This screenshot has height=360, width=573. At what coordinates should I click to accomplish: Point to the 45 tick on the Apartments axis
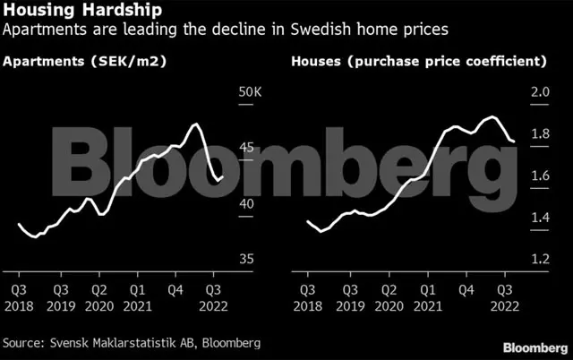point(247,148)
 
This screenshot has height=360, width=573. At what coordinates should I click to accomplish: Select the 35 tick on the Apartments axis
point(247,260)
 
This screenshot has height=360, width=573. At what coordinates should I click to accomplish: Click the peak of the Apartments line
point(197,124)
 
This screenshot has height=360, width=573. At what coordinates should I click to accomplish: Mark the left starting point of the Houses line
point(307,221)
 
